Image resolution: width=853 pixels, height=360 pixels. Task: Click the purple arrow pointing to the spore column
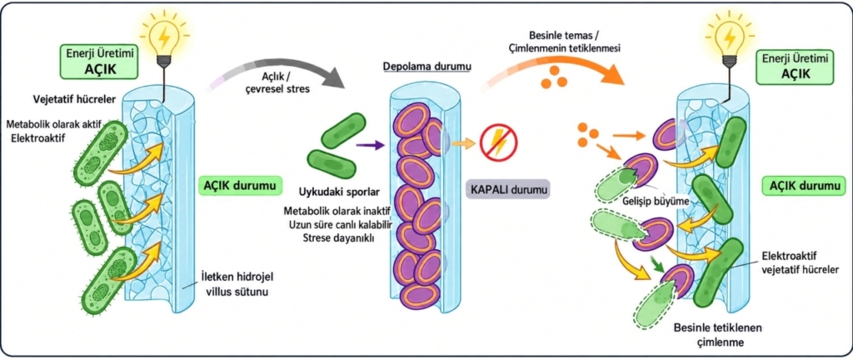[x=370, y=145]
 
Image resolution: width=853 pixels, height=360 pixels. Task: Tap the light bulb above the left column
[x=165, y=37]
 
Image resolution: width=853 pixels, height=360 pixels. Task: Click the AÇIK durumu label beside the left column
[x=240, y=186]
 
